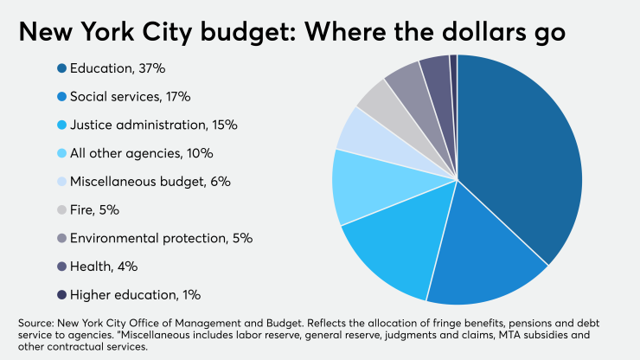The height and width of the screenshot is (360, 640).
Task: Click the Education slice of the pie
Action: (528, 156)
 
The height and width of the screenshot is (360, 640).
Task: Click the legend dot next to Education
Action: (62, 68)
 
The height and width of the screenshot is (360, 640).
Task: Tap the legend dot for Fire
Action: (62, 209)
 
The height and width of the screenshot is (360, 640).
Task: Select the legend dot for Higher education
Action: (62, 294)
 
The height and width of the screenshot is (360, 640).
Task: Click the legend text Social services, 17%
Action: (131, 97)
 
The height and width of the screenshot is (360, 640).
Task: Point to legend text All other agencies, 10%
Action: (143, 153)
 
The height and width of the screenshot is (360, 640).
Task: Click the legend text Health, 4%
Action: (104, 267)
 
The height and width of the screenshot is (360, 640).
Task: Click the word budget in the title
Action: (240, 33)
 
